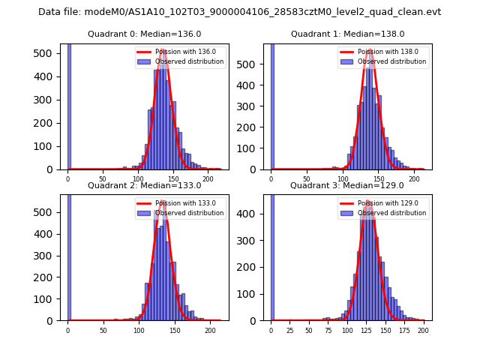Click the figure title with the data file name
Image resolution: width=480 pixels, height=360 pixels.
tap(239, 12)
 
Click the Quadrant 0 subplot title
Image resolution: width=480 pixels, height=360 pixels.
tap(144, 34)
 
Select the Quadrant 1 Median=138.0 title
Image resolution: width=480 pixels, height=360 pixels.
tap(347, 34)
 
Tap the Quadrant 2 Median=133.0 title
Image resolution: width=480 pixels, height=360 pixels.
tap(144, 185)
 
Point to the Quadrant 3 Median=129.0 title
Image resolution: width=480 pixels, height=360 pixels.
tap(347, 185)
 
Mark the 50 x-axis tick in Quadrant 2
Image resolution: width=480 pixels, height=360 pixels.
tap(103, 330)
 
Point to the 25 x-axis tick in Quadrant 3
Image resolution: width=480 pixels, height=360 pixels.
tap(290, 330)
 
